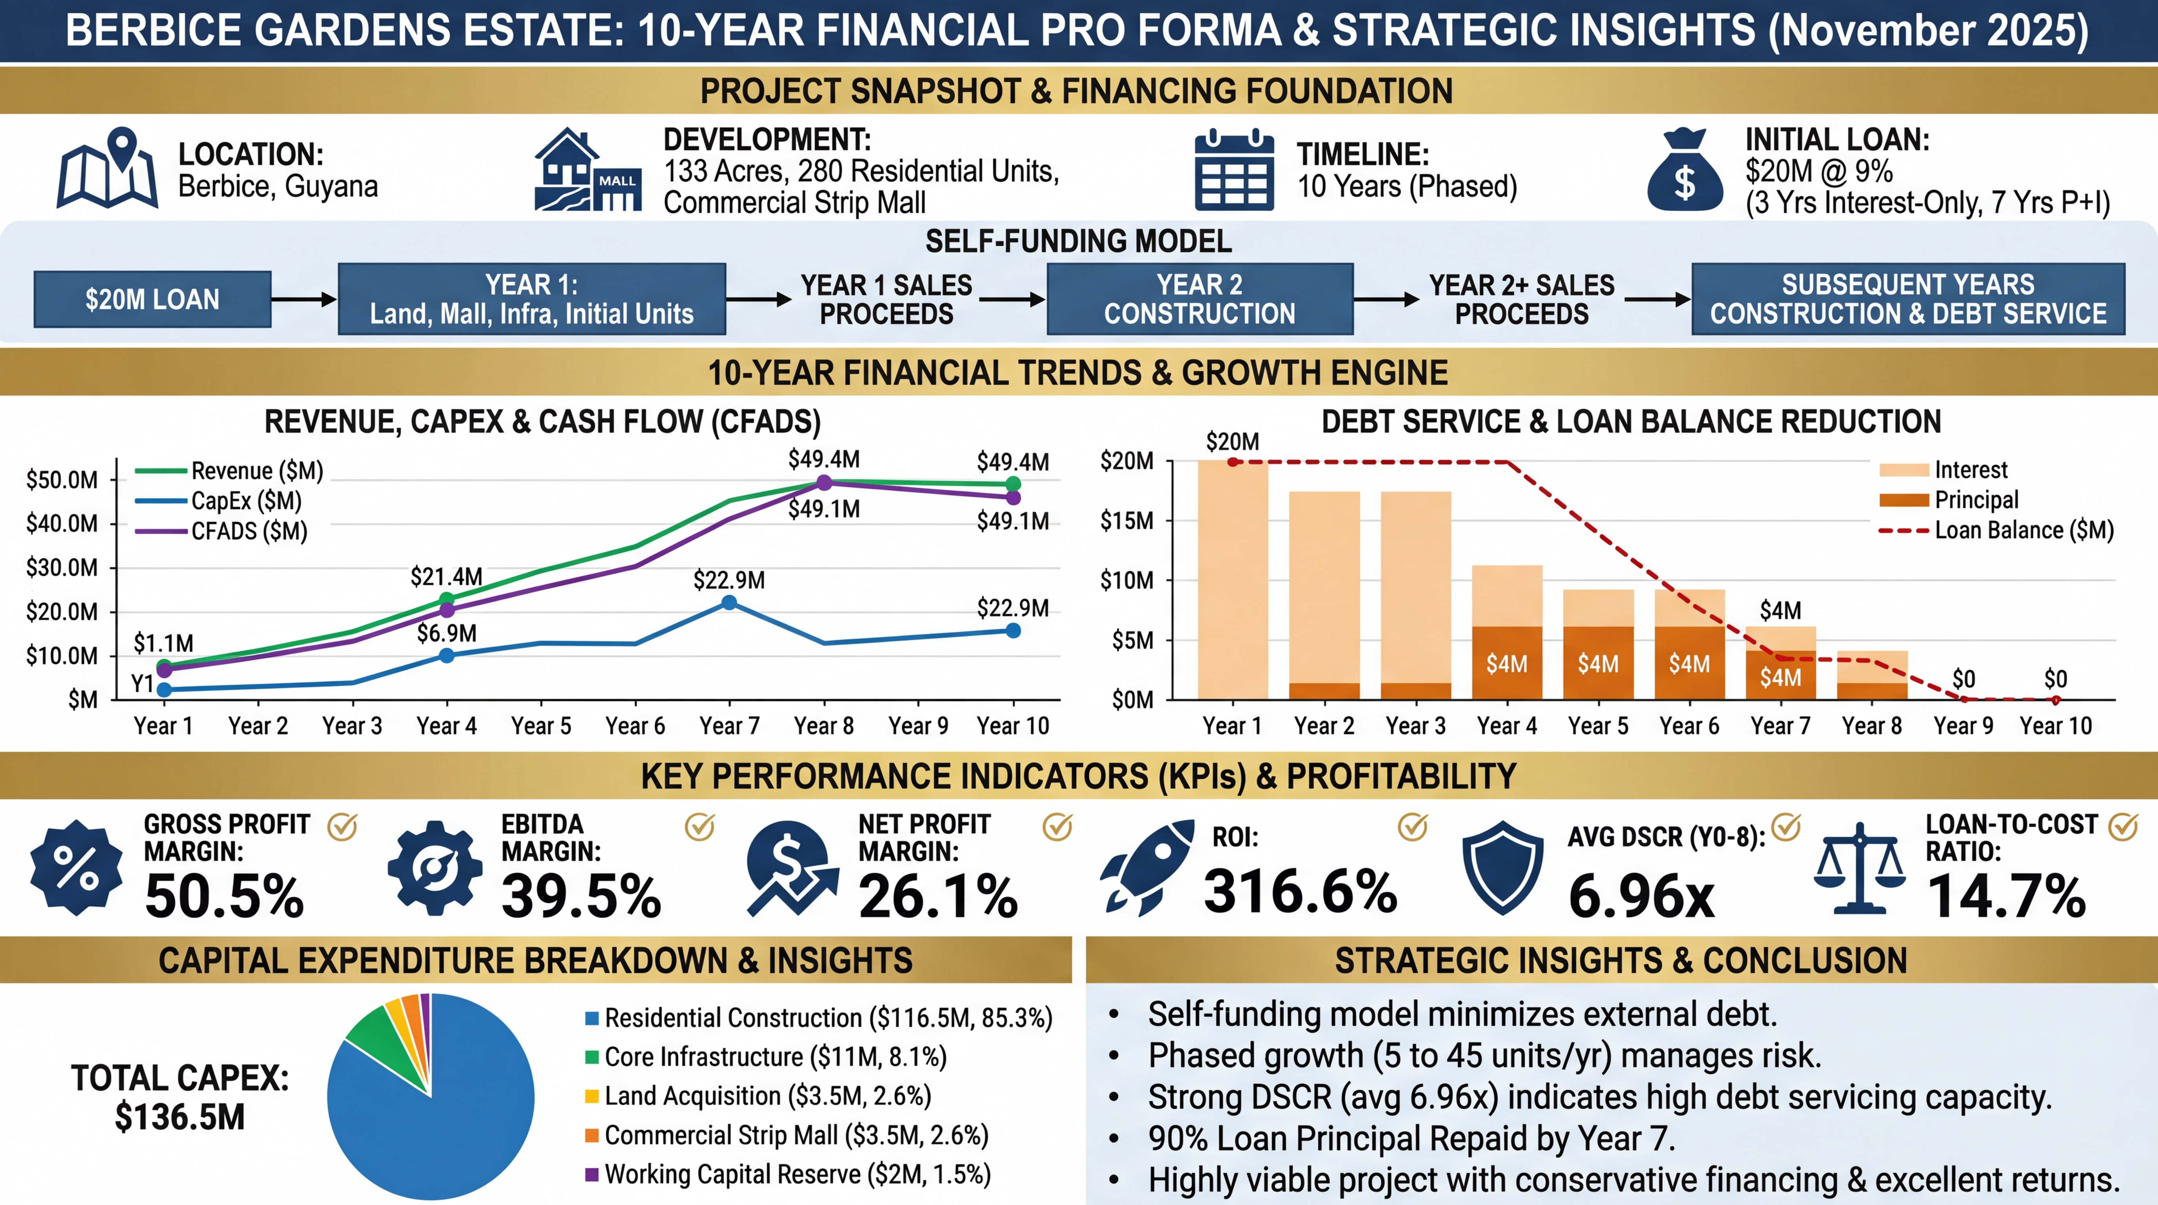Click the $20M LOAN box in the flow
153,299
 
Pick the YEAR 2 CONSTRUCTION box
1200,299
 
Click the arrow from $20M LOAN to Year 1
303,299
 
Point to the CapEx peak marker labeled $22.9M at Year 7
729,602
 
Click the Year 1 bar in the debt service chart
1232,580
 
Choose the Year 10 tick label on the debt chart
2055,726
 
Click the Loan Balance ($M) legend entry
2022,530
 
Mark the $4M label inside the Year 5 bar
1598,664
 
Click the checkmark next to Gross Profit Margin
342,827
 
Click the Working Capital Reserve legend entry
796,1174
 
